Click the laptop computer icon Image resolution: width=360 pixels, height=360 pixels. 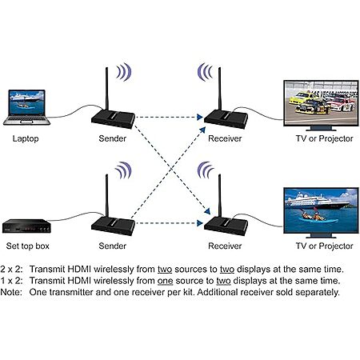click(x=26, y=107)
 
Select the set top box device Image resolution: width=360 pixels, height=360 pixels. click(x=26, y=226)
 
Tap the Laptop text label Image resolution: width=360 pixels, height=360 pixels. click(x=26, y=139)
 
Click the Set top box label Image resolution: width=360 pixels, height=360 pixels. click(x=28, y=246)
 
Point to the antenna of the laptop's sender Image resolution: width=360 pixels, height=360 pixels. click(x=106, y=89)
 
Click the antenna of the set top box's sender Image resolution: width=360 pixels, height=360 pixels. click(x=106, y=196)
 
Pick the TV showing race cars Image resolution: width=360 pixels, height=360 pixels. click(x=321, y=106)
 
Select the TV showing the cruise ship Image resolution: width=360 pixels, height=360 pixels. click(x=321, y=213)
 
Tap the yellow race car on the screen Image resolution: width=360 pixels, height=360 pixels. click(x=299, y=98)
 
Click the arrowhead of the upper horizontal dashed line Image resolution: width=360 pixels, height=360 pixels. click(x=200, y=117)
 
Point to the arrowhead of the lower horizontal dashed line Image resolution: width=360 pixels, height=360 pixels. click(x=200, y=223)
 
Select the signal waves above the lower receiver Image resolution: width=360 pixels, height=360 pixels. click(x=206, y=170)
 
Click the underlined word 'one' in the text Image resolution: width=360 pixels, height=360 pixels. click(x=165, y=281)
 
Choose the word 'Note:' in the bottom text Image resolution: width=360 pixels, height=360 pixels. click(x=11, y=292)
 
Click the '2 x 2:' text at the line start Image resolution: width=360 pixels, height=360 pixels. click(x=11, y=269)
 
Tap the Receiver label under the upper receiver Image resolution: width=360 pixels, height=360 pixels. click(x=225, y=138)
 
